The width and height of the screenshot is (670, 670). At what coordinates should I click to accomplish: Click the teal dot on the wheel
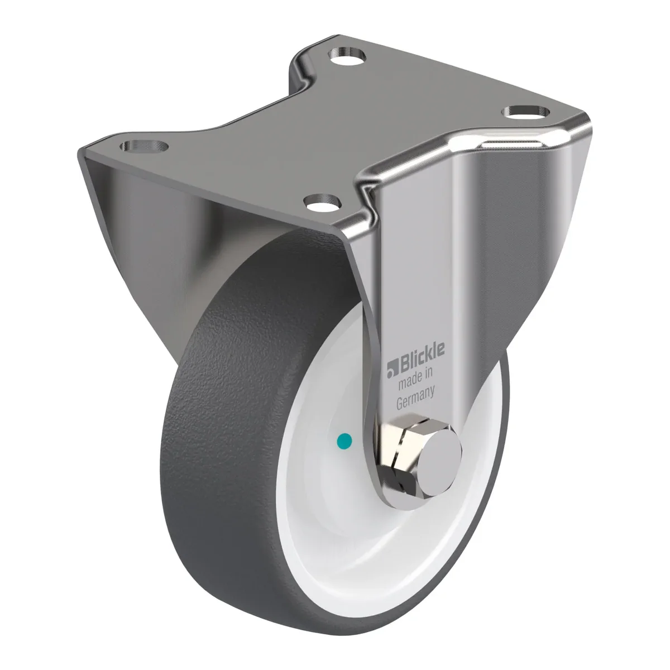coord(344,441)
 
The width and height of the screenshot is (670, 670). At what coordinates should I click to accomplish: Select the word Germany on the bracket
coord(415,399)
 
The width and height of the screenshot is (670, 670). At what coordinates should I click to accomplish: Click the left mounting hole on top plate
coord(143,146)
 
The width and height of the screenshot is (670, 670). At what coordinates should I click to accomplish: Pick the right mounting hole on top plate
coord(527,112)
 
